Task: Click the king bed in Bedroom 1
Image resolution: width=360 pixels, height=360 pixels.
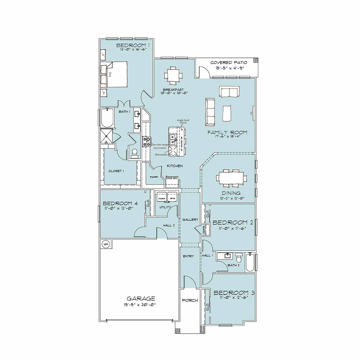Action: pyautogui.click(x=115, y=74)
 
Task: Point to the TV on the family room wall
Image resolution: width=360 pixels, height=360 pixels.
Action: pyautogui.click(x=253, y=113)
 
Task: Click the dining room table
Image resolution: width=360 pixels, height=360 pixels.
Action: pyautogui.click(x=231, y=178)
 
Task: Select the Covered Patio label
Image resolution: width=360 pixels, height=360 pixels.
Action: pyautogui.click(x=229, y=63)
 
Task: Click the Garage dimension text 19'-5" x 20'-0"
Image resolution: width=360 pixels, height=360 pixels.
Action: pyautogui.click(x=141, y=304)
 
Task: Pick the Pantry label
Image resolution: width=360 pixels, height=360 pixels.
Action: pyautogui.click(x=154, y=177)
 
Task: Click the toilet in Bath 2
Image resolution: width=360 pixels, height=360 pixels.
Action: pyautogui.click(x=238, y=258)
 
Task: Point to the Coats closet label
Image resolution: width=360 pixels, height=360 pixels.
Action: pyautogui.click(x=204, y=230)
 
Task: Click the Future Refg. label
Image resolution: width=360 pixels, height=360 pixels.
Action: pyautogui.click(x=172, y=178)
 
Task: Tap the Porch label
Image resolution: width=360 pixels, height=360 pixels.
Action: pyautogui.click(x=190, y=300)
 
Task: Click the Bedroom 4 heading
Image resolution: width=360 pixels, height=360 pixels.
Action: pyautogui.click(x=120, y=203)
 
